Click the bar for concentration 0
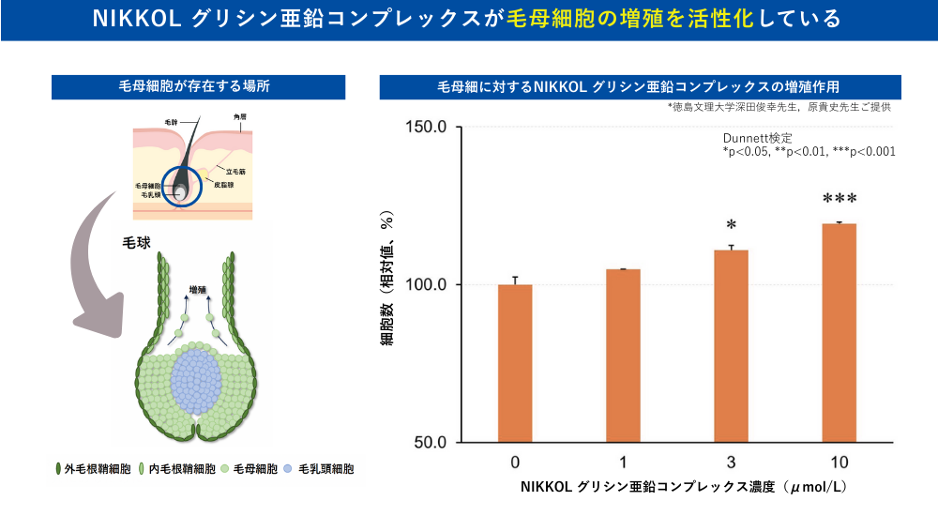coord(515,362)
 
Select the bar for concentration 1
coord(623,355)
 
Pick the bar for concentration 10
coord(839,332)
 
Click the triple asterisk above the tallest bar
coord(840,200)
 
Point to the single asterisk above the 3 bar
coord(731,226)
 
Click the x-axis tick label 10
coord(839,463)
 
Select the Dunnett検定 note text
coord(750,138)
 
